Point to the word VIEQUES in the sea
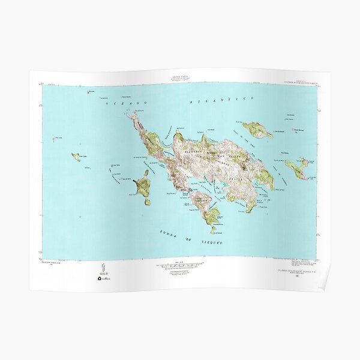pyautogui.click(x=209, y=241)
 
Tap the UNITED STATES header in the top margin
pyautogui.click(x=179, y=77)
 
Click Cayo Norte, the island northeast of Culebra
pyautogui.click(x=257, y=129)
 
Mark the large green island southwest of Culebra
pyautogui.click(x=143, y=187)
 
